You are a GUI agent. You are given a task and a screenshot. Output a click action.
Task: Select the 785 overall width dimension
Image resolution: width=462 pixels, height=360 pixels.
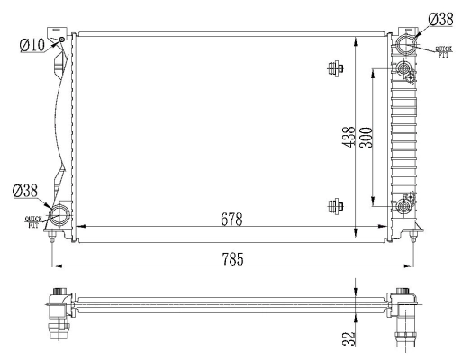(231, 259)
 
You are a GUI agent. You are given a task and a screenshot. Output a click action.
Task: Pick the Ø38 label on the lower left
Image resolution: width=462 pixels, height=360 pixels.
(25, 191)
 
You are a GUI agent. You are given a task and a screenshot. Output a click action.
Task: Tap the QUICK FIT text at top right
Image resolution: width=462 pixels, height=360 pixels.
(443, 52)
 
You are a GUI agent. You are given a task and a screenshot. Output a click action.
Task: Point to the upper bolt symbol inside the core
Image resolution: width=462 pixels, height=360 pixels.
(336, 68)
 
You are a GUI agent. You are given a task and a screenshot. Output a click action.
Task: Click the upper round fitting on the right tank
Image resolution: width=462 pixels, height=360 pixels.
(404, 71)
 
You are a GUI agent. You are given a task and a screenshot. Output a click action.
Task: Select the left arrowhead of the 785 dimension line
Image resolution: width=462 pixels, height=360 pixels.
(57, 266)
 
